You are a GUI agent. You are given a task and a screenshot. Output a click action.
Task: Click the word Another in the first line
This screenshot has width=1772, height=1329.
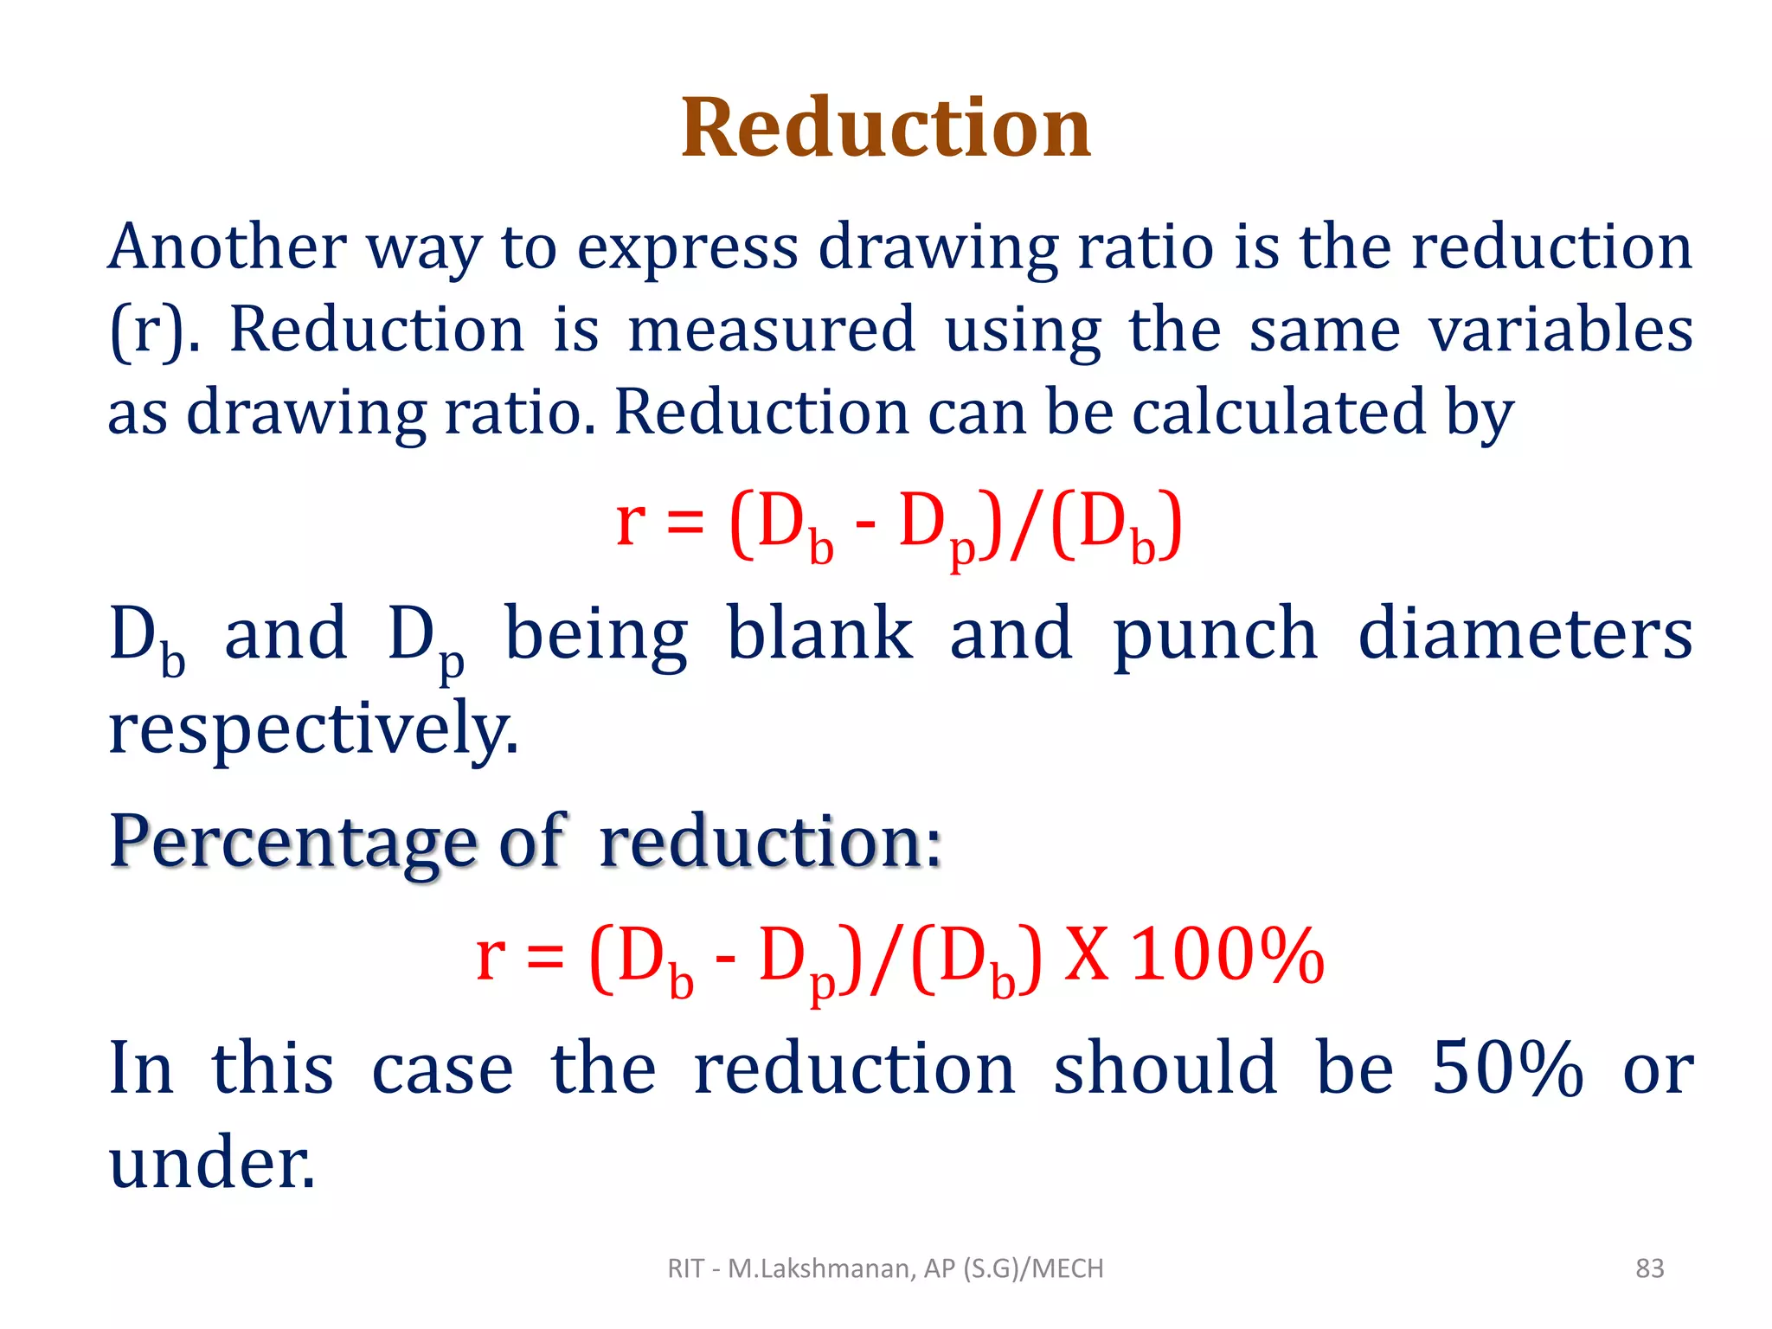(227, 247)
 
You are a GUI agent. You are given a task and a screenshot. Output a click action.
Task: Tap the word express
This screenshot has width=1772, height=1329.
(687, 249)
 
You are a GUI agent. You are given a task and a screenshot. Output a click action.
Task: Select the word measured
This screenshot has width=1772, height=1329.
(771, 330)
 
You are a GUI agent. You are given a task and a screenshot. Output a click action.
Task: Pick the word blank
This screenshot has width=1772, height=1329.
(819, 633)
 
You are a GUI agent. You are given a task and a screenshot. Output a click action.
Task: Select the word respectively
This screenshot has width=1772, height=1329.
(313, 729)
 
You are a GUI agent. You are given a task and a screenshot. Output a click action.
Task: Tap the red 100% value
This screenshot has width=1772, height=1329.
(1228, 956)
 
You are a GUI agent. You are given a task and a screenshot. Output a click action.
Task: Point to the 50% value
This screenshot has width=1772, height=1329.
(1507, 1069)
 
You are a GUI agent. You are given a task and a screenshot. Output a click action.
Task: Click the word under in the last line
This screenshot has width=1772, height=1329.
(212, 1161)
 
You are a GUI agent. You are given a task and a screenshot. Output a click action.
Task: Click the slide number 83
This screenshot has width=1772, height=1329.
(1649, 1268)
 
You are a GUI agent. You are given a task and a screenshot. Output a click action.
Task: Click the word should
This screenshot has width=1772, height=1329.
(1165, 1069)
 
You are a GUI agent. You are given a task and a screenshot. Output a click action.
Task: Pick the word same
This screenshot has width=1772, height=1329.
(1325, 330)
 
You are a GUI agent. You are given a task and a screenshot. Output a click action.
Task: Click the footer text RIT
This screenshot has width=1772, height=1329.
(685, 1268)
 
